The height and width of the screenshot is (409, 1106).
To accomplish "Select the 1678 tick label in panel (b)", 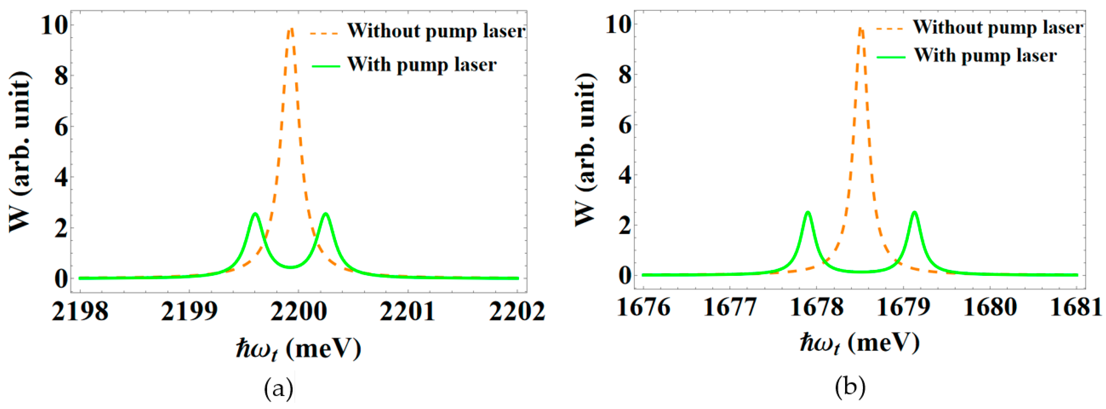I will [817, 308].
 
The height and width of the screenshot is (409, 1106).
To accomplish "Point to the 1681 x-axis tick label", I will [1076, 308].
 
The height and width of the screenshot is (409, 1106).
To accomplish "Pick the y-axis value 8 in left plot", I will [61, 76].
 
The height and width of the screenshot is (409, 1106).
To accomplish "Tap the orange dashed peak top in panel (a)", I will [291, 29].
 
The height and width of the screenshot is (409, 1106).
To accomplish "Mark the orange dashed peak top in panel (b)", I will [860, 28].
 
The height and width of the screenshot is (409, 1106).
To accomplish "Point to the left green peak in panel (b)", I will [808, 212].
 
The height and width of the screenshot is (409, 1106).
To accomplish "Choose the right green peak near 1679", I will [915, 212].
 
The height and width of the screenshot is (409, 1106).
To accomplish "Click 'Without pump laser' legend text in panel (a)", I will [436, 31].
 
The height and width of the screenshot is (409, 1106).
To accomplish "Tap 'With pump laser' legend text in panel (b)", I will [985, 56].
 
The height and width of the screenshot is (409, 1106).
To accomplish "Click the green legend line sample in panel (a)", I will [325, 66].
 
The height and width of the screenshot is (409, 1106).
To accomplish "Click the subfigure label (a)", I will [279, 389].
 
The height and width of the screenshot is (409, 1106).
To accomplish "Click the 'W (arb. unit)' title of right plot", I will [586, 148].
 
